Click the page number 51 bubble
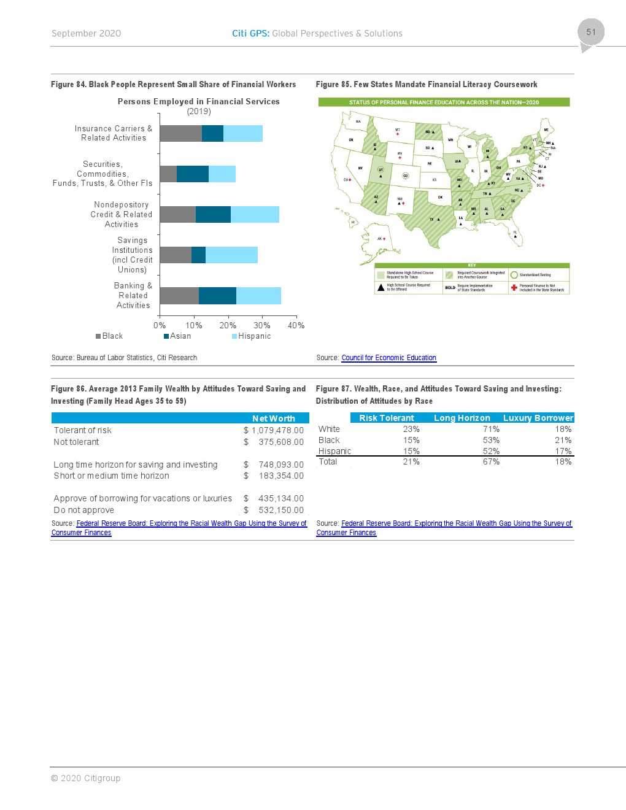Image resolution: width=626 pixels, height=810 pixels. (x=590, y=33)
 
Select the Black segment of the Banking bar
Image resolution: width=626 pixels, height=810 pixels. (x=179, y=296)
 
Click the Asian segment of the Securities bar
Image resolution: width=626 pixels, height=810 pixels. (x=193, y=174)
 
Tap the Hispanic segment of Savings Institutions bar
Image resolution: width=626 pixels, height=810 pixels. (x=231, y=255)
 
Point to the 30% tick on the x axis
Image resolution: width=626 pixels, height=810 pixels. (x=262, y=325)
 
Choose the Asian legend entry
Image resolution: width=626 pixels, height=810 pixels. (x=177, y=336)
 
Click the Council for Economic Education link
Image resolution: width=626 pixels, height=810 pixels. (x=388, y=358)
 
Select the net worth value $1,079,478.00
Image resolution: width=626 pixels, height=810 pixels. (x=274, y=430)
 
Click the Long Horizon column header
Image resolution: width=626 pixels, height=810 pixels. (x=462, y=418)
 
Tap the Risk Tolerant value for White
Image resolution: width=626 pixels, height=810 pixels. (x=411, y=429)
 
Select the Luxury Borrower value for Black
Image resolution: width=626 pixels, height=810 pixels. (x=563, y=440)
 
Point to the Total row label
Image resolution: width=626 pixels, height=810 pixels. (x=328, y=461)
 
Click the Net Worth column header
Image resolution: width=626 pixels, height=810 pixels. (x=274, y=418)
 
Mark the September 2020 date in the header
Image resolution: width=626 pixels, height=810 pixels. (x=86, y=34)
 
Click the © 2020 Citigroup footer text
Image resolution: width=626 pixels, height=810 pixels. (x=85, y=778)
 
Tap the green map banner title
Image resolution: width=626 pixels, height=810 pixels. (x=444, y=102)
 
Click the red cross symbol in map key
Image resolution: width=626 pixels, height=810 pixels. (x=514, y=287)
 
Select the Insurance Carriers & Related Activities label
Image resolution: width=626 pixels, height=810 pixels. (x=114, y=133)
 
